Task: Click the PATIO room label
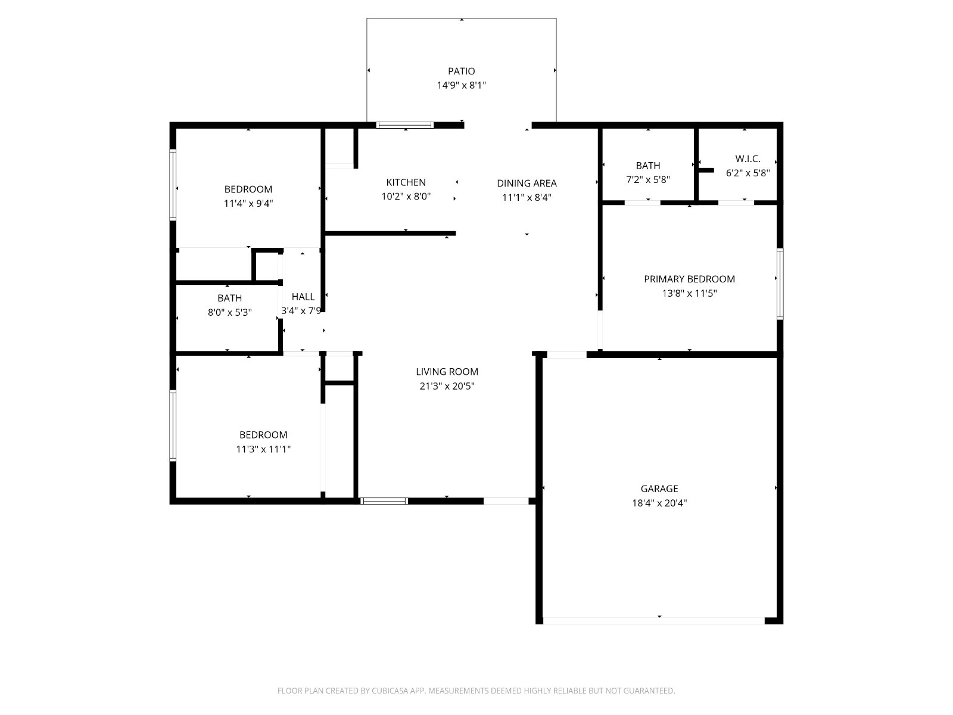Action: (461, 71)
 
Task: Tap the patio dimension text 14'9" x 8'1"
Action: (461, 85)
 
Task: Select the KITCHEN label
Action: (406, 182)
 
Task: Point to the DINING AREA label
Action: (527, 183)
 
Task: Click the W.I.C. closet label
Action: (748, 159)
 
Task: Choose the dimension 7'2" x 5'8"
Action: (648, 180)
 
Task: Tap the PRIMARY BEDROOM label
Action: (690, 279)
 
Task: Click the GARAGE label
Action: (659, 489)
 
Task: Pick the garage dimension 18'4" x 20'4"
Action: (659, 503)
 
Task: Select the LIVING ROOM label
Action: (447, 372)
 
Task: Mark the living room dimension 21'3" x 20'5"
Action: (447, 386)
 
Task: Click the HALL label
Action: (303, 297)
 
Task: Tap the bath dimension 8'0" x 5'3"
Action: (230, 313)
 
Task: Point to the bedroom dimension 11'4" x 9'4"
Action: (248, 204)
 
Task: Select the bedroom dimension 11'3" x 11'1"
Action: (263, 449)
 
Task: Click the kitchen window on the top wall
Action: (404, 126)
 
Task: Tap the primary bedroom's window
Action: (780, 284)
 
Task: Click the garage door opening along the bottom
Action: (654, 621)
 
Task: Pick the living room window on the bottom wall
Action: (384, 502)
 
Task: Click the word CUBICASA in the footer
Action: (390, 691)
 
